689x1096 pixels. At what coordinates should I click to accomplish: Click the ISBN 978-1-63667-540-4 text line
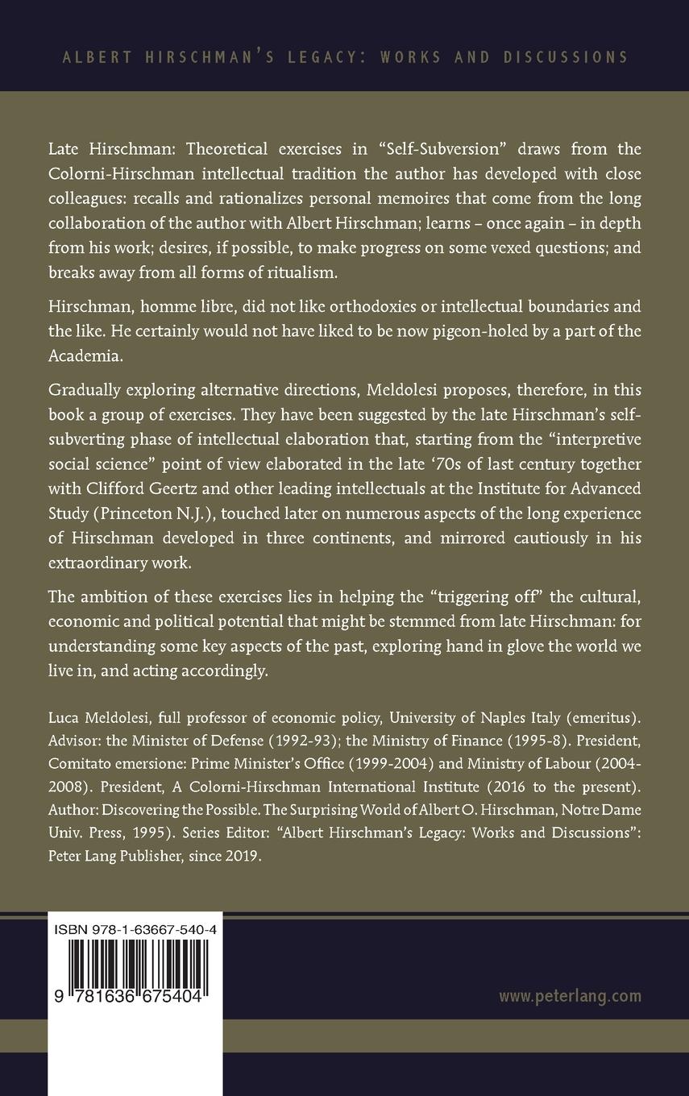[x=135, y=929]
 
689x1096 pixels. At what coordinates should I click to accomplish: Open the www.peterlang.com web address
[x=570, y=996]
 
